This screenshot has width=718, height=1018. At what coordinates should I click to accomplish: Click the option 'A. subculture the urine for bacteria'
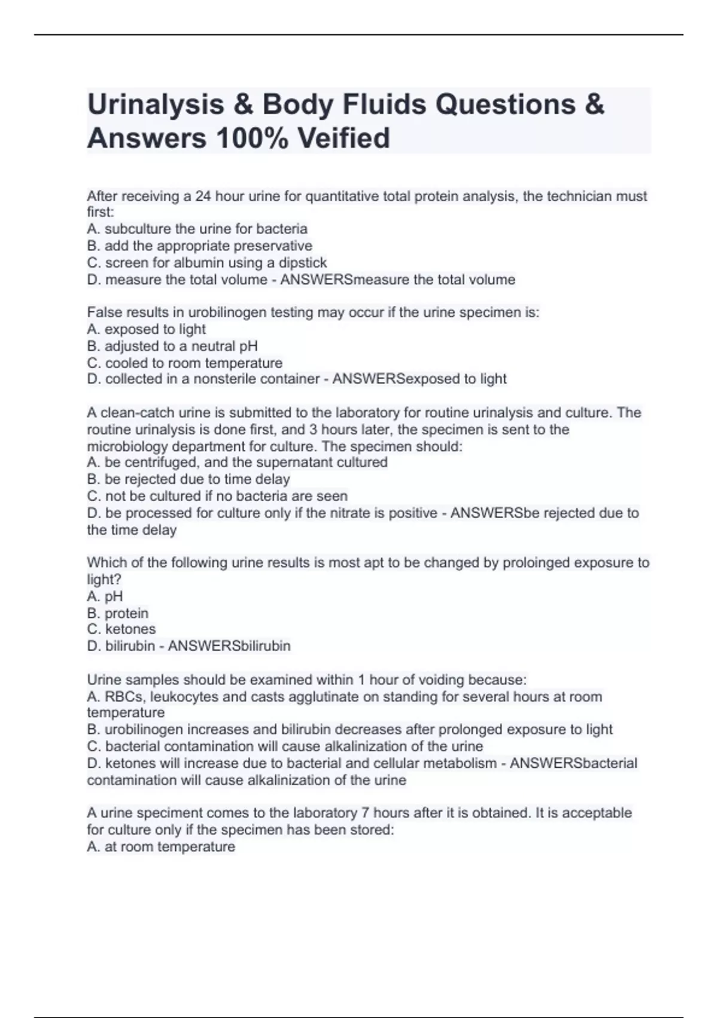tap(197, 229)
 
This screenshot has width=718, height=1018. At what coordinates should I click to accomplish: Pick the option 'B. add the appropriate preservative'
tap(199, 246)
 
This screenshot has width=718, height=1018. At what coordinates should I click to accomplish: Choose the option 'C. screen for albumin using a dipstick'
tap(207, 262)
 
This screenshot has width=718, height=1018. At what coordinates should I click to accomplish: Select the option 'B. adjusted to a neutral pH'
tap(172, 346)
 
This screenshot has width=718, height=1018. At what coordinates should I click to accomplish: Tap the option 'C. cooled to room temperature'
tap(184, 363)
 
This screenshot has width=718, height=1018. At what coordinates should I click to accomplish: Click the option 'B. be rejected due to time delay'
tap(188, 479)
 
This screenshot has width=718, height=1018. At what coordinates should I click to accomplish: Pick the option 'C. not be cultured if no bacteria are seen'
tap(217, 496)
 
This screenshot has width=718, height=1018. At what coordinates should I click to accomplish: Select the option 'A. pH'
tap(105, 596)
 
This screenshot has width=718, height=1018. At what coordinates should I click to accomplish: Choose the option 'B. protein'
tap(117, 613)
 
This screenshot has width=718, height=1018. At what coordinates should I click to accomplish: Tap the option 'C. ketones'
tap(121, 629)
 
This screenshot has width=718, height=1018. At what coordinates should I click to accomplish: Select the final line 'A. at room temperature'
tap(161, 847)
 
